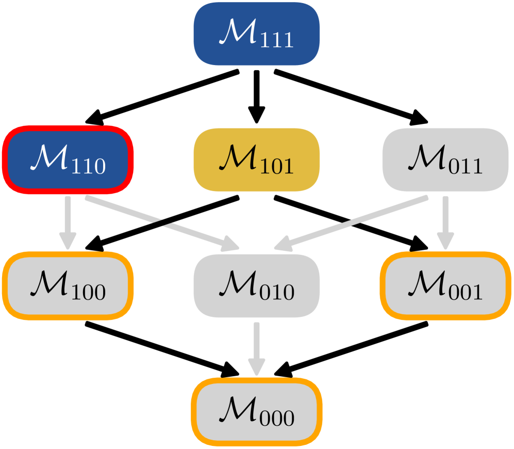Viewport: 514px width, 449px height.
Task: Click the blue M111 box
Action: point(257,34)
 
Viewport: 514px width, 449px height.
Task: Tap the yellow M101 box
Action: point(257,160)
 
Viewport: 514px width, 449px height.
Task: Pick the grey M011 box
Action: point(445,160)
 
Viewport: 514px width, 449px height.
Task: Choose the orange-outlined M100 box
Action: point(68,286)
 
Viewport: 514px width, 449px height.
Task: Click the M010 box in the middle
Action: point(257,286)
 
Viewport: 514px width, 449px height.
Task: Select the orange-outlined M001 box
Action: point(445,286)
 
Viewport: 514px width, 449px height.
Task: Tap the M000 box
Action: point(257,412)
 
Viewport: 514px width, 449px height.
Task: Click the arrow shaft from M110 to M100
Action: point(68,214)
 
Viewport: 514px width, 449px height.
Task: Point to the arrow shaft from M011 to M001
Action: point(445,214)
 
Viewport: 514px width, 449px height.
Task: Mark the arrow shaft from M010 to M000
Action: point(257,341)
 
